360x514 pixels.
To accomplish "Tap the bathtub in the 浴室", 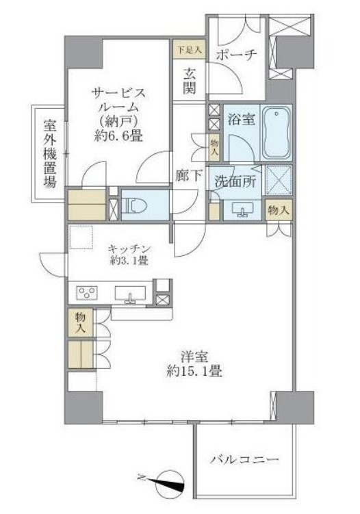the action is click(x=277, y=133).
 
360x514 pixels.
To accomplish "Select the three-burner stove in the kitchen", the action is click(x=87, y=292).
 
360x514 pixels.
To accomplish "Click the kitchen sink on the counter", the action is click(x=130, y=293).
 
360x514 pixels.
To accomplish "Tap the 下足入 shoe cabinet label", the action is click(x=190, y=50).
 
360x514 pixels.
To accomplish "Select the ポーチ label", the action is click(x=236, y=55).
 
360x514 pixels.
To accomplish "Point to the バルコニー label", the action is click(x=244, y=460).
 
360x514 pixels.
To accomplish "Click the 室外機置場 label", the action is click(x=50, y=153).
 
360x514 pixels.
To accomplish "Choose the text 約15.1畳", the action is click(x=194, y=372).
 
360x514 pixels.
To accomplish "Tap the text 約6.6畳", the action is click(x=118, y=136).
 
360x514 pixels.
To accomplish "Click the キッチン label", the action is click(x=129, y=249).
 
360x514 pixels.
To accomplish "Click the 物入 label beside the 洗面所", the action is click(x=279, y=210).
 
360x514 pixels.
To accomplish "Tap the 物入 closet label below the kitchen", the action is click(x=81, y=322).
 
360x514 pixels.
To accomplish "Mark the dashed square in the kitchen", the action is click(x=81, y=236).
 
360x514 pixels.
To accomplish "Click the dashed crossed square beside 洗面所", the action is click(x=279, y=181).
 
